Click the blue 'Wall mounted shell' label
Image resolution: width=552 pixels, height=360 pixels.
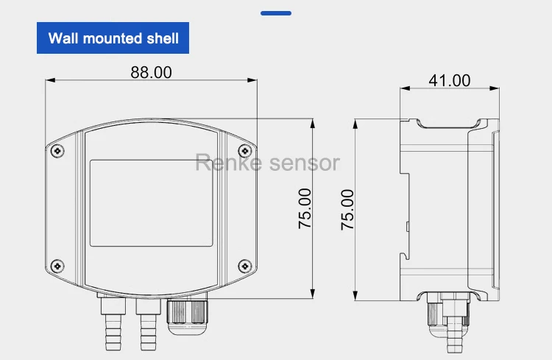tap(113, 38)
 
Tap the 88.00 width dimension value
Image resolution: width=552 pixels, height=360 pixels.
tap(151, 72)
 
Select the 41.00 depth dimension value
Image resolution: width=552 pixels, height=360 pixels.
tap(449, 80)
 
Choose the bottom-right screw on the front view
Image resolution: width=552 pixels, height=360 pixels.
tap(245, 265)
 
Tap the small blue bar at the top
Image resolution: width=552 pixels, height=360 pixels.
tap(276, 13)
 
